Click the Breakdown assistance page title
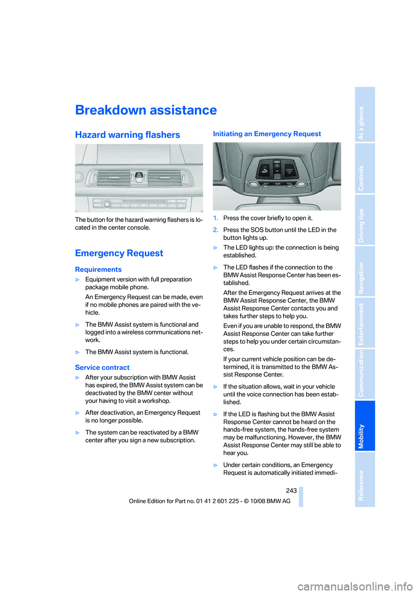[x=146, y=110]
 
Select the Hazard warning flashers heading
[x=127, y=135]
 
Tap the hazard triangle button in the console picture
[x=139, y=175]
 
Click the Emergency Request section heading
[x=119, y=253]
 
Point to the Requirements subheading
[x=98, y=269]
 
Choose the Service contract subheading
[x=102, y=367]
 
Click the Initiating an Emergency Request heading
[x=267, y=134]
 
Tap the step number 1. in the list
[x=215, y=218]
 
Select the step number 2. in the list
[x=215, y=230]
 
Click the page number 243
[x=291, y=491]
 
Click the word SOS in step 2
[x=257, y=230]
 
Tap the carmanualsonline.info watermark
[x=355, y=586]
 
